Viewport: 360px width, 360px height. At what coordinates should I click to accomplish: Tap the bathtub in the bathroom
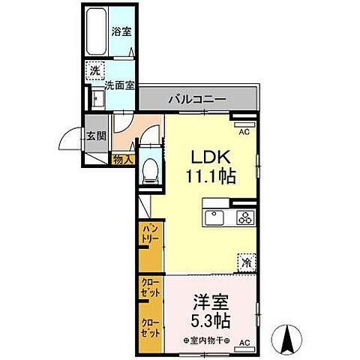click(x=96, y=31)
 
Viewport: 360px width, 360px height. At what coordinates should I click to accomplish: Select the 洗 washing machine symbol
click(x=95, y=70)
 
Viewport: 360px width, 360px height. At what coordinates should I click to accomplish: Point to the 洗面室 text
click(x=119, y=85)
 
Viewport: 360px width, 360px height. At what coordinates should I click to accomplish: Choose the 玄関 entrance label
click(x=96, y=136)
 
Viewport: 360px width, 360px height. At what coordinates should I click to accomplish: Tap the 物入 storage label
click(x=122, y=159)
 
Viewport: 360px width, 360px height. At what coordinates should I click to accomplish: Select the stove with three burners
click(x=244, y=218)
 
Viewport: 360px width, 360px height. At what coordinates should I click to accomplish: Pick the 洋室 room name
click(x=210, y=301)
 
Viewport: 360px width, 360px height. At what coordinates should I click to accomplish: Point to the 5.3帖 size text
click(x=210, y=320)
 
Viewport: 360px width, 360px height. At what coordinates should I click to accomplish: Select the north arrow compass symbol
click(x=289, y=339)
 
